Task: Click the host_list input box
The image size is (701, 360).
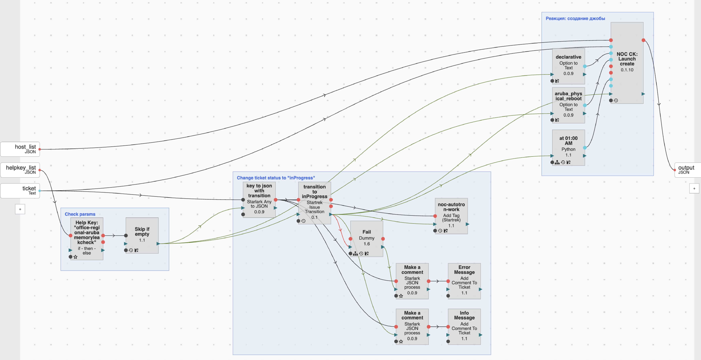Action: point(20,149)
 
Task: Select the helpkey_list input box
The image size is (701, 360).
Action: point(20,170)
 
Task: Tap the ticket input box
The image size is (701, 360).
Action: point(20,191)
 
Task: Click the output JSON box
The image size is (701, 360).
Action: point(688,170)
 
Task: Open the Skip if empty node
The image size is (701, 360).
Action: point(142,235)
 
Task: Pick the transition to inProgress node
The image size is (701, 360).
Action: point(315,203)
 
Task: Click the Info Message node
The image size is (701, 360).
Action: point(464,327)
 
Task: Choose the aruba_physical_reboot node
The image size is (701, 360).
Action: point(568,105)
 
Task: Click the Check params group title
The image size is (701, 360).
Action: point(80,214)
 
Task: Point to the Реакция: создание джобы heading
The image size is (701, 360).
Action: point(575,18)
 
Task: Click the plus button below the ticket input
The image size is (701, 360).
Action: point(20,209)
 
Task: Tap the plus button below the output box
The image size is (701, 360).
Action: point(694,188)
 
